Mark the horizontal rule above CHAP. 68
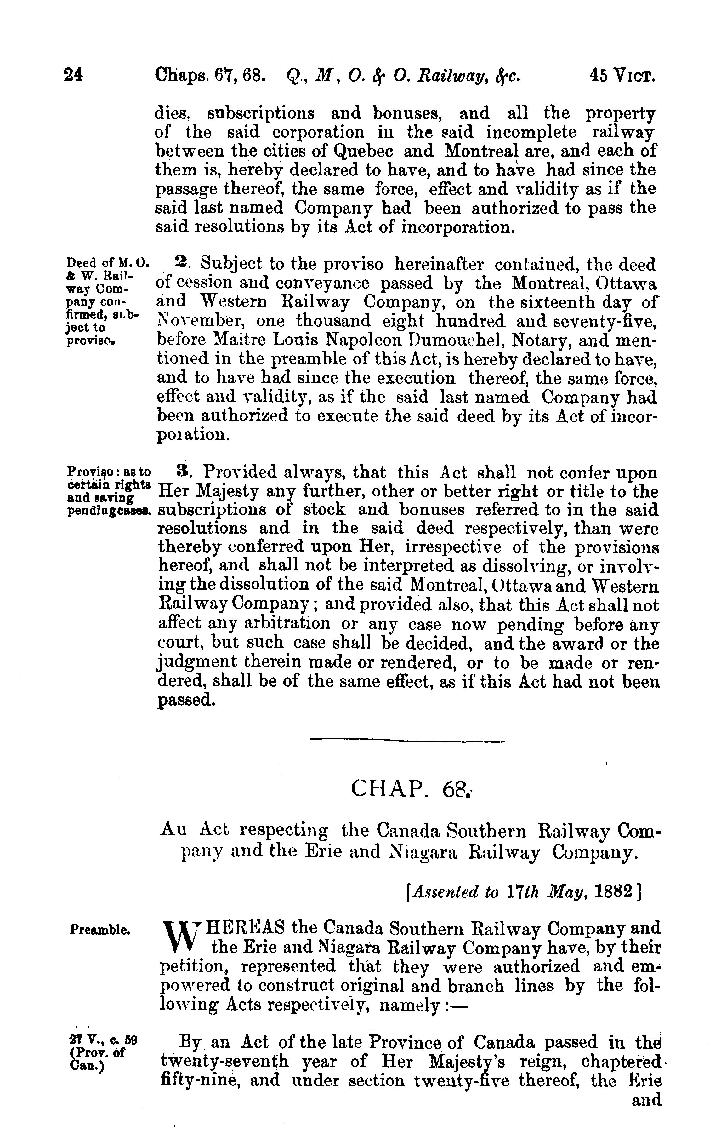[x=407, y=742]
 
